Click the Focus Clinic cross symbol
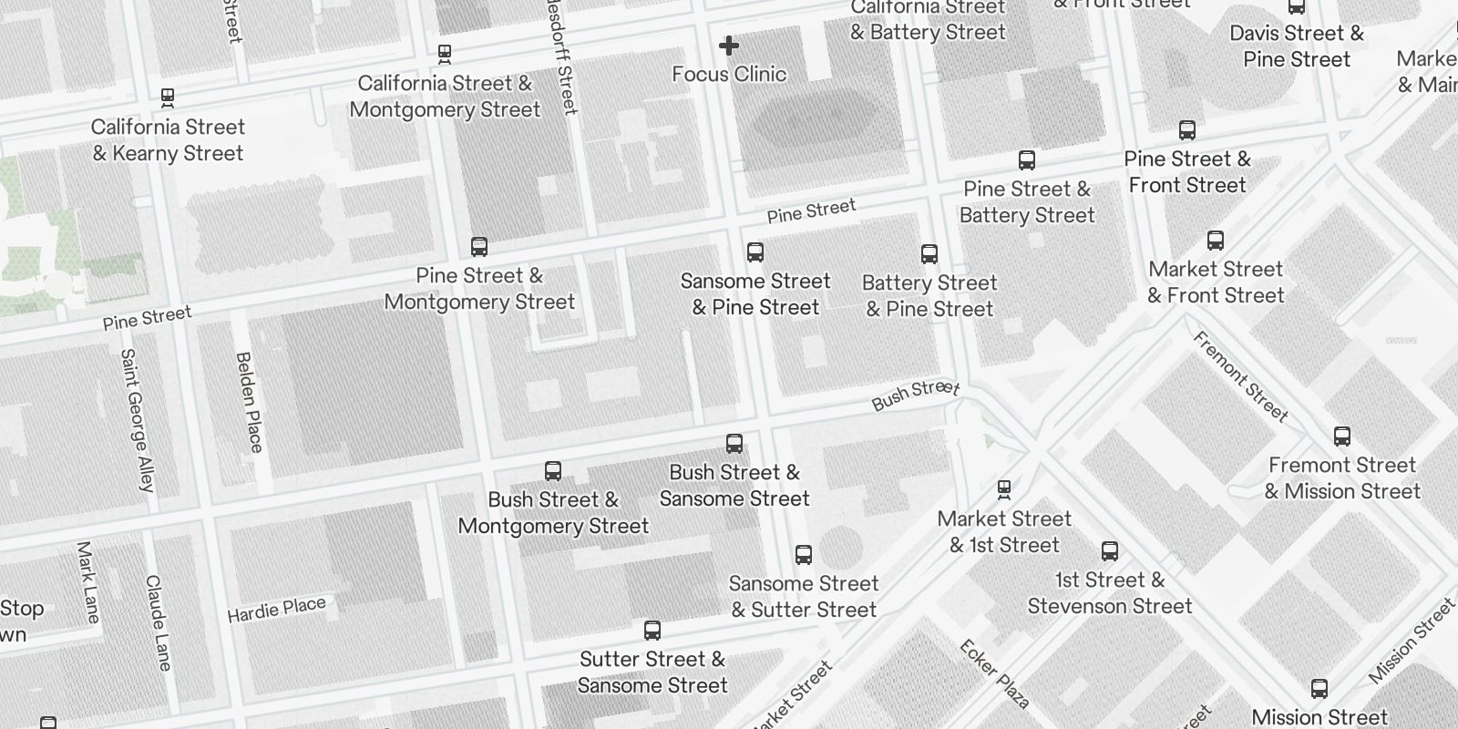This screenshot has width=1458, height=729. coord(729,46)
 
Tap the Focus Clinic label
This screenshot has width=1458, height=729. coord(729,74)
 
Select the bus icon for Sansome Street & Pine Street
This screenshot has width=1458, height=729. coord(755,252)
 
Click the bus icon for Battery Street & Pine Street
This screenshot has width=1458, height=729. coord(929,254)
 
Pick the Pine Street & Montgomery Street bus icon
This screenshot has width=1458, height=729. coord(479,247)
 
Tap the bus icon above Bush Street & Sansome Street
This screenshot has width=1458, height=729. coord(734,444)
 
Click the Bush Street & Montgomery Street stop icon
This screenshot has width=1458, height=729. coord(553,471)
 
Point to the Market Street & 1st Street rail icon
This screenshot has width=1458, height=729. coord(1004,490)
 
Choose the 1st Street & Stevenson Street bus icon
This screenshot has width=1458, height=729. coord(1110,551)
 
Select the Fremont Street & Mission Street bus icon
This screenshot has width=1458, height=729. coord(1342,436)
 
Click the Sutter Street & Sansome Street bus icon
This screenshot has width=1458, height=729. coord(652,631)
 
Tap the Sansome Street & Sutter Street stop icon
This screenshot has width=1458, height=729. coord(804,555)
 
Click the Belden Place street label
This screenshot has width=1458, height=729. coord(249,402)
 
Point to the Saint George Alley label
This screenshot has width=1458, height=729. coord(138,419)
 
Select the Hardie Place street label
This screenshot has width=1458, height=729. coord(276,610)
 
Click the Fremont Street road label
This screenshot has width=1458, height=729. coord(1241,376)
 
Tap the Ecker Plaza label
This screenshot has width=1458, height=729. coord(995,674)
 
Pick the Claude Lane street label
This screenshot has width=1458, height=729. coord(158,622)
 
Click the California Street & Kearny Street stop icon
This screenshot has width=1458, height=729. coord(168,97)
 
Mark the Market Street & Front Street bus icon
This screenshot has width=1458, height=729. coord(1216,241)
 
